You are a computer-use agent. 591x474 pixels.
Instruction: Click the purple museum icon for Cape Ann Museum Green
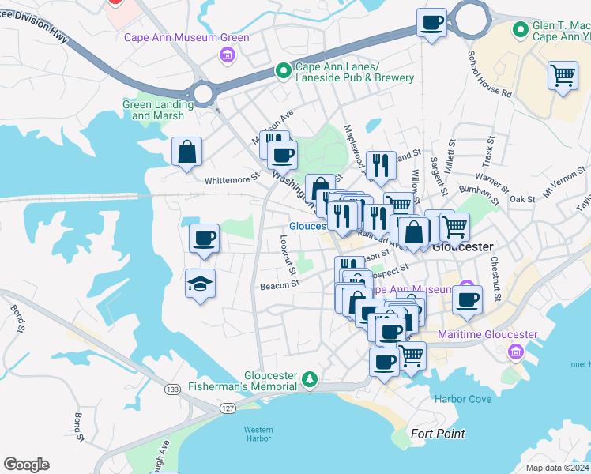(228, 55)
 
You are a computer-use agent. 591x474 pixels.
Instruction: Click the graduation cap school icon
(201, 284)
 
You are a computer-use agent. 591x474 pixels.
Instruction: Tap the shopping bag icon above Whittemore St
(186, 151)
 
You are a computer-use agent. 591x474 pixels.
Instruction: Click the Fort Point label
(438, 434)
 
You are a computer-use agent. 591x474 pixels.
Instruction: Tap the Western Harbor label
(258, 434)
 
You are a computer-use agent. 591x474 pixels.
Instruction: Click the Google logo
(26, 465)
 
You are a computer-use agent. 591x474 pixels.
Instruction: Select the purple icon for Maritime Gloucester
(516, 351)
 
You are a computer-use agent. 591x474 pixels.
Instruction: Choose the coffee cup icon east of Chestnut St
(467, 299)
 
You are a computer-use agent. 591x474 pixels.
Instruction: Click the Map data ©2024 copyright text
(557, 468)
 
